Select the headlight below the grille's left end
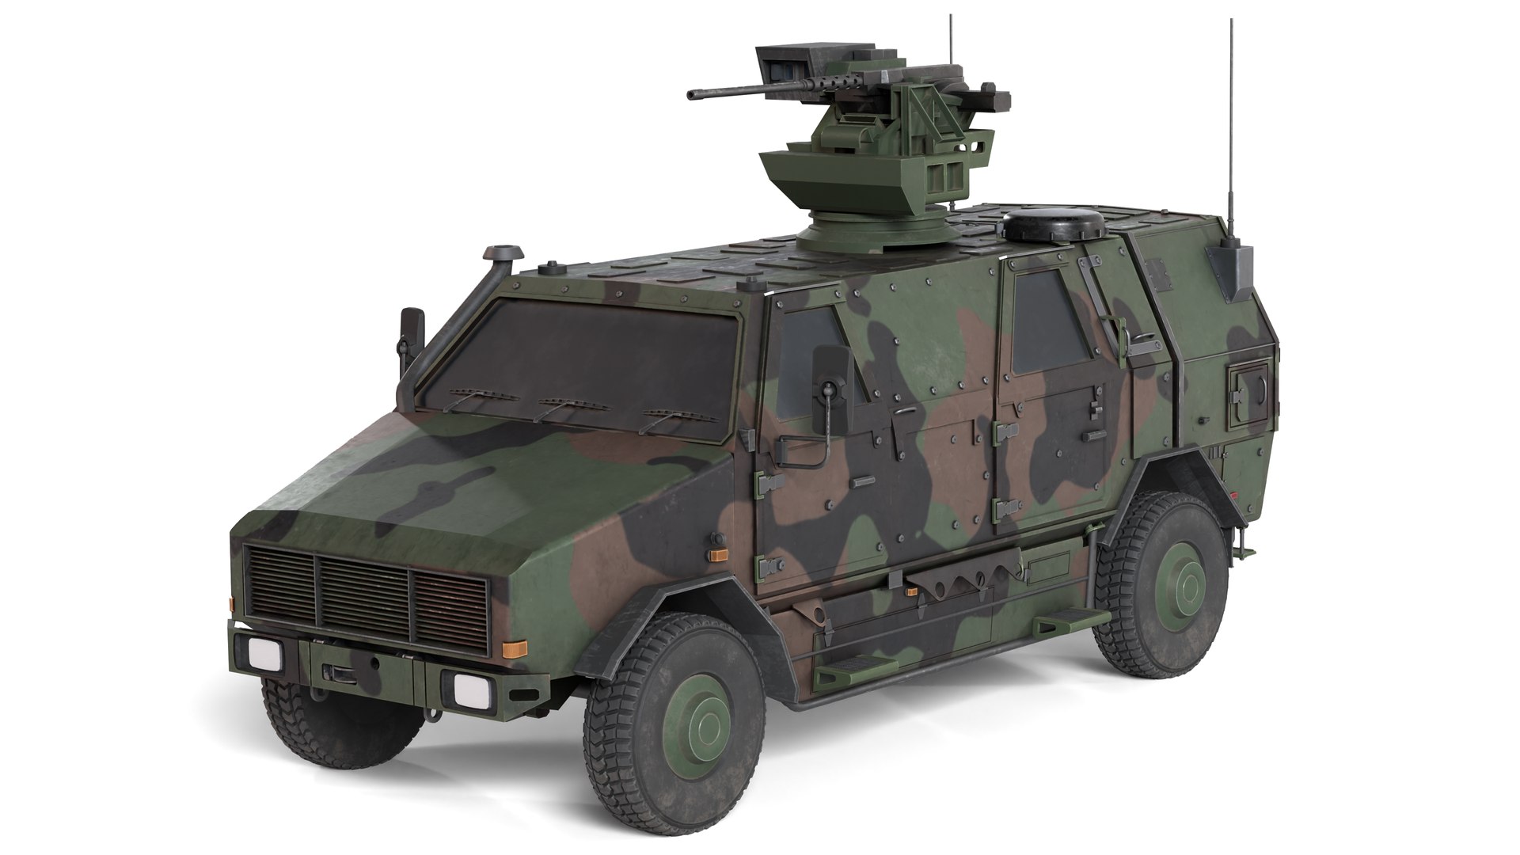coord(264,654)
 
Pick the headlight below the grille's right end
coord(471,688)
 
